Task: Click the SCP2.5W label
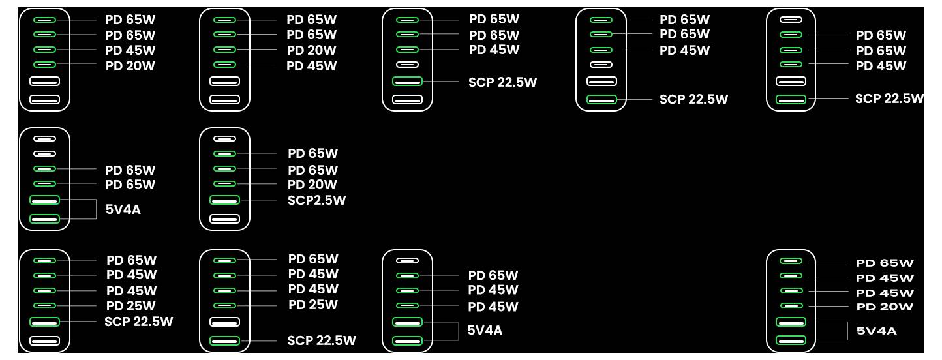pos(316,200)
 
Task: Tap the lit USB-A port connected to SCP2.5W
pos(224,200)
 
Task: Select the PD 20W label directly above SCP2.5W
pos(312,185)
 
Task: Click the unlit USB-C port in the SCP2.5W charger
pos(224,138)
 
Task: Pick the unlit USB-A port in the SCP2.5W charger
pos(224,218)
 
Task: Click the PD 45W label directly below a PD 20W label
pos(311,66)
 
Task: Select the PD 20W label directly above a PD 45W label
pos(311,50)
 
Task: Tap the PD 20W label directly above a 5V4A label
pos(884,307)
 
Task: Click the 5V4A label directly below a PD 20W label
pos(876,331)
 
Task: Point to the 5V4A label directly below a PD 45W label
pos(485,331)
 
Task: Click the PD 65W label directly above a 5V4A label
pos(130,185)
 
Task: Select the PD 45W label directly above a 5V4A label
pos(493,307)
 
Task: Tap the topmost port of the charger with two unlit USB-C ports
pos(44,138)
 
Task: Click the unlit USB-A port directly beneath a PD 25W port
pos(224,322)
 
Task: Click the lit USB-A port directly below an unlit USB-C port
pos(407,82)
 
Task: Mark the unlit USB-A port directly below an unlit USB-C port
pos(601,82)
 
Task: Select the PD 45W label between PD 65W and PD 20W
pos(130,50)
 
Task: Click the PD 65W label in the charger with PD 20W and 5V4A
pos(885,263)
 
